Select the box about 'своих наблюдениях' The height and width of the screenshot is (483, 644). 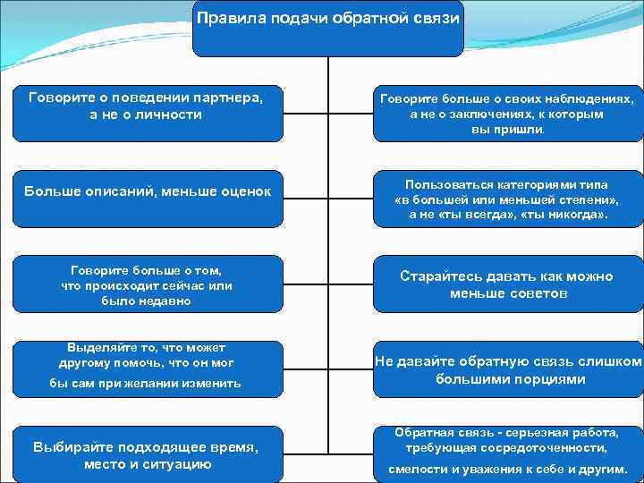coord(507,112)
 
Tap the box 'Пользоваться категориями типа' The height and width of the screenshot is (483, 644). coord(507,197)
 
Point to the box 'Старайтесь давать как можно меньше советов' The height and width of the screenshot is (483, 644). coord(507,284)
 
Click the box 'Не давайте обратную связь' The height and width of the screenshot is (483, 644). coord(507,369)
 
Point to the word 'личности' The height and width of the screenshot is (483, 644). coord(170,114)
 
